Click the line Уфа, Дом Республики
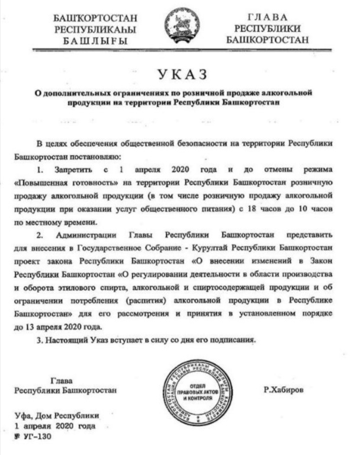[57, 415]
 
